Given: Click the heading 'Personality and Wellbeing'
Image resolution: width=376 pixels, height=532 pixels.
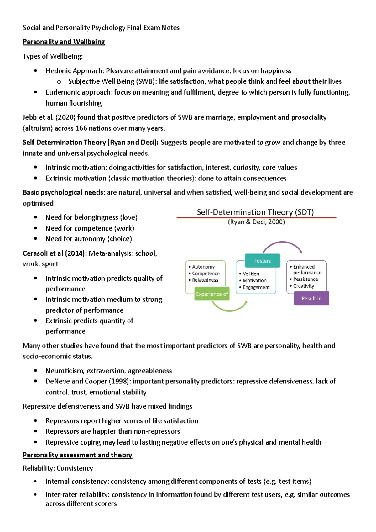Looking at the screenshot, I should [x=64, y=42].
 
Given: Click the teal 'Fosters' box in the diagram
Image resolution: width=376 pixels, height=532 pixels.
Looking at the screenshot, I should [x=263, y=261].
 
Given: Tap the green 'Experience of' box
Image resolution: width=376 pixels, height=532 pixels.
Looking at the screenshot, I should [x=212, y=294].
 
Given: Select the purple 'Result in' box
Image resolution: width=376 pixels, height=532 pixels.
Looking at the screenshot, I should [x=311, y=298].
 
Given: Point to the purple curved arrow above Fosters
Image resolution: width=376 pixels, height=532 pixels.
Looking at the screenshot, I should [x=282, y=243].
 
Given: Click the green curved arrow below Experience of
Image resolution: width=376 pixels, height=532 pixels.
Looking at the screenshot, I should [x=229, y=309].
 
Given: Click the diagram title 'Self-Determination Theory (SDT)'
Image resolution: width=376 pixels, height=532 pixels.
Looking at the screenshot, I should [x=255, y=212].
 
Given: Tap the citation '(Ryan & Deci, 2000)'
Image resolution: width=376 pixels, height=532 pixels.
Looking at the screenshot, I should [x=256, y=222].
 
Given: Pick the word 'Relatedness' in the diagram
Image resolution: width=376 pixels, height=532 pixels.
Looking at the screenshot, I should [x=205, y=280].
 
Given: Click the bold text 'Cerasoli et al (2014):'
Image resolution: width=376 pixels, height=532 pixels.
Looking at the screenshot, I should [x=55, y=253].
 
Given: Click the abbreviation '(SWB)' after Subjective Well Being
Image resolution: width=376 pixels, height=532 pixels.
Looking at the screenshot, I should [x=146, y=81].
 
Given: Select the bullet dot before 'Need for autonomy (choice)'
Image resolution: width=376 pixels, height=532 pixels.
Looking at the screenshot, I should [x=36, y=239].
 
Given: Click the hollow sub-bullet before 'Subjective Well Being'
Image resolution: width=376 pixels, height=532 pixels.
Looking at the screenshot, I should [x=59, y=82].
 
